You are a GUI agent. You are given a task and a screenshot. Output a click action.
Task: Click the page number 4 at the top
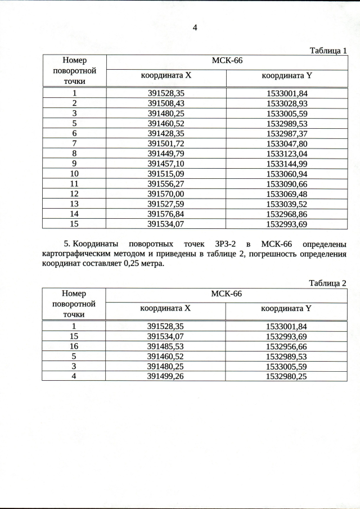[x=195, y=28]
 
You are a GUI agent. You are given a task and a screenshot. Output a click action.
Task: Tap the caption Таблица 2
[x=328, y=283]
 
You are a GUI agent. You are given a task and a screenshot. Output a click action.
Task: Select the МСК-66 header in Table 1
[x=226, y=61]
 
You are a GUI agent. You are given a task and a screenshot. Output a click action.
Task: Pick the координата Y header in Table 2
[x=286, y=308]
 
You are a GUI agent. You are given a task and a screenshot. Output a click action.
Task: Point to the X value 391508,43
[x=166, y=103]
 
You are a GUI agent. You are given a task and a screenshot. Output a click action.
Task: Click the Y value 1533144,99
[x=287, y=164]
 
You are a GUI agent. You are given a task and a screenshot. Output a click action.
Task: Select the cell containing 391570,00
[x=166, y=193]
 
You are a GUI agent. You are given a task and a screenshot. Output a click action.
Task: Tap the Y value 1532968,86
[x=287, y=214]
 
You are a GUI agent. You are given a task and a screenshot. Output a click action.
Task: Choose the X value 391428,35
[x=166, y=133]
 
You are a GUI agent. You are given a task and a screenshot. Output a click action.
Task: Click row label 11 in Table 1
[x=74, y=183]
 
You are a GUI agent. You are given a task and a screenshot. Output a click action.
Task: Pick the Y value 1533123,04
[x=287, y=154]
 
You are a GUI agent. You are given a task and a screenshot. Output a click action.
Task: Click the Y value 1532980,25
[x=286, y=376]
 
